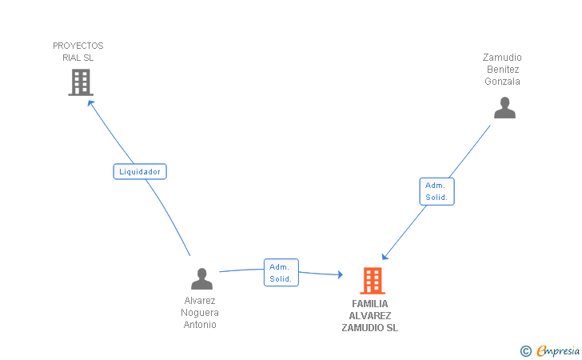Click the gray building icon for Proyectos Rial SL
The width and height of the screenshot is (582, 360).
coord(80,82)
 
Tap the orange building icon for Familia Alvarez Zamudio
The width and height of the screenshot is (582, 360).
coord(372,281)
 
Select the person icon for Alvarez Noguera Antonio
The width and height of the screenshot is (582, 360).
coord(201,279)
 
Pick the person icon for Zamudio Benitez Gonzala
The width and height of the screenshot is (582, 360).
coord(504,108)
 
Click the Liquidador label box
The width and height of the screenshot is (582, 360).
coord(140,171)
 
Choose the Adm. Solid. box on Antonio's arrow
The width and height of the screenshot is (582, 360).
coord(281,273)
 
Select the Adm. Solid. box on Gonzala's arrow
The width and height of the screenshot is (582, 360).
coord(436,191)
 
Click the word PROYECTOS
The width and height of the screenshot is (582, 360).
coord(78,46)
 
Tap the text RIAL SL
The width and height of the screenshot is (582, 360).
coord(78,58)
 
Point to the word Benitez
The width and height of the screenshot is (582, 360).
coord(502,70)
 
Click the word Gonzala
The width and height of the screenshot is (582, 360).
coord(502,82)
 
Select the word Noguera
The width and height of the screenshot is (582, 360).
coord(200,313)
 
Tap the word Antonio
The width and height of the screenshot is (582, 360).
coord(200,325)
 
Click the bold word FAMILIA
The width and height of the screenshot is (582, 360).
coord(369,304)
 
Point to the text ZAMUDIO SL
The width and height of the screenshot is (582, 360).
coord(369,328)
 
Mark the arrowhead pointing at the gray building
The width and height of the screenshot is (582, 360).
coord(90,102)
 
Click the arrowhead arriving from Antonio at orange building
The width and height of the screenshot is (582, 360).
coord(339,275)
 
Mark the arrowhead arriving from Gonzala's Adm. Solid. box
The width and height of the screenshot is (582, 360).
coord(385,257)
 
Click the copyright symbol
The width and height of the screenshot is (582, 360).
coord(525,350)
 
